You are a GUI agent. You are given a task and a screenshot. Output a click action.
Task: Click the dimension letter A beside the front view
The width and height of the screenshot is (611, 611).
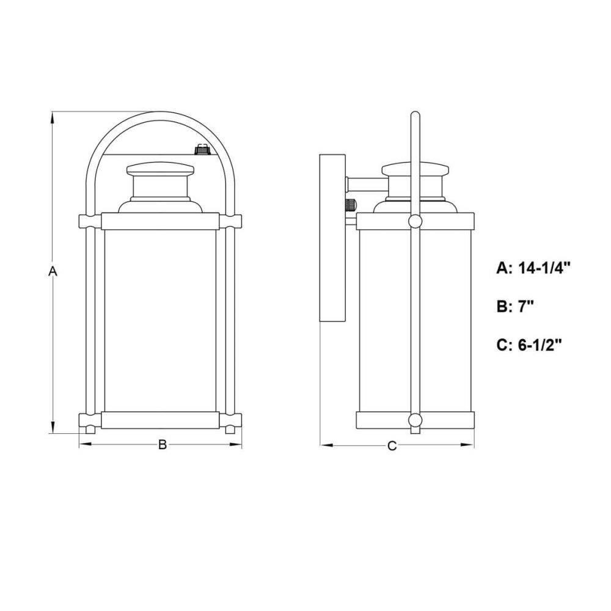53,271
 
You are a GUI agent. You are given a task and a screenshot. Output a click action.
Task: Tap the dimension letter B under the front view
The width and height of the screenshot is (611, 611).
162,445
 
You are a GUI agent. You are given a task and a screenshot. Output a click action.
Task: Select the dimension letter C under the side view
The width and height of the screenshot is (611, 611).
392,445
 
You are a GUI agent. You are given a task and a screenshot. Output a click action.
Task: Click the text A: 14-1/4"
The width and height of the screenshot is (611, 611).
533,268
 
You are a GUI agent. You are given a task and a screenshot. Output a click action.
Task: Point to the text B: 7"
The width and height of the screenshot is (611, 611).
514,307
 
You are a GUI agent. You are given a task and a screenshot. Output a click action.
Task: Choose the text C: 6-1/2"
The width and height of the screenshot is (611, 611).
529,345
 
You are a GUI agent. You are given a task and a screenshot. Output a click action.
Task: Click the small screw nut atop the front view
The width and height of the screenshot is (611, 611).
201,149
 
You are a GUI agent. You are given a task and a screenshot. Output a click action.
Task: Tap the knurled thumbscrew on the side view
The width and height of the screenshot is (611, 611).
351,205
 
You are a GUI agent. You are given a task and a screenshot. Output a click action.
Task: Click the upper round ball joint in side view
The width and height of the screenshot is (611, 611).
415,221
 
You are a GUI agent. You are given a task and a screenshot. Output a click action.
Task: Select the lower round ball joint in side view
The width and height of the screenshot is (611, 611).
415,420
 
